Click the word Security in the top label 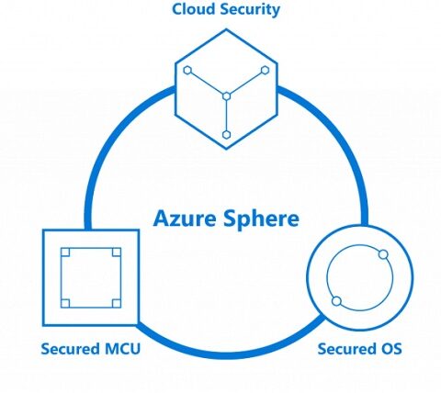click(x=250, y=10)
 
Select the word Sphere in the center click(x=261, y=219)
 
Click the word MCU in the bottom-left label click(x=122, y=349)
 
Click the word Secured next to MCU click(x=70, y=349)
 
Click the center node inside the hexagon click(x=226, y=96)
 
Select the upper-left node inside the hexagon click(x=187, y=71)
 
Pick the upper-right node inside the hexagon click(x=265, y=71)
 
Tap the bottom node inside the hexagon click(x=226, y=135)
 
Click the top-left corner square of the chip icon click(x=65, y=253)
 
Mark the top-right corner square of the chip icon click(x=117, y=253)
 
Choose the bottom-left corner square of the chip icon click(x=65, y=303)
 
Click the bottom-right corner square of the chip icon click(x=117, y=303)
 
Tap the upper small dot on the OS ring click(x=383, y=254)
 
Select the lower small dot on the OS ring click(x=336, y=301)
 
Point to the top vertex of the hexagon click(x=226, y=29)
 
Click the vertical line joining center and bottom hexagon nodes click(x=226, y=116)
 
